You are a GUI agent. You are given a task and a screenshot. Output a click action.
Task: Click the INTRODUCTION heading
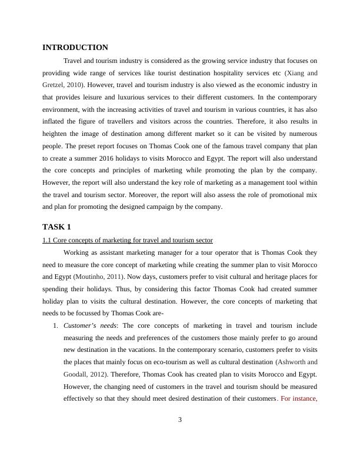[75, 47]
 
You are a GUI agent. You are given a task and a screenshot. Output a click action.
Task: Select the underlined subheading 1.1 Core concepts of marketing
[128, 240]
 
